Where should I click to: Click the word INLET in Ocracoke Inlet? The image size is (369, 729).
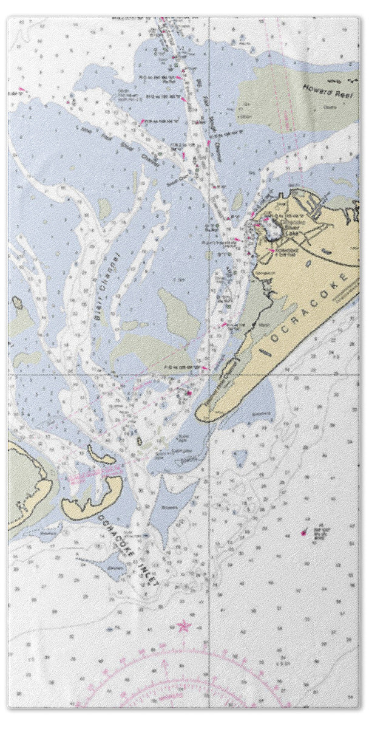(x=147, y=570)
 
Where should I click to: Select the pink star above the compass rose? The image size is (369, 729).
(x=183, y=625)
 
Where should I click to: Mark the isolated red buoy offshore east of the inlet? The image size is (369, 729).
(x=303, y=533)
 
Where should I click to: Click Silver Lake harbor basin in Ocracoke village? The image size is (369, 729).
(x=271, y=230)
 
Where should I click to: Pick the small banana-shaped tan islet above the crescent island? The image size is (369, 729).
(x=101, y=455)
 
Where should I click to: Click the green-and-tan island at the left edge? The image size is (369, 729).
(x=24, y=486)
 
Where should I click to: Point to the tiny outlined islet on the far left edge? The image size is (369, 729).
(x=17, y=302)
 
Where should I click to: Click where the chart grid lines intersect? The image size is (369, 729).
(x=209, y=374)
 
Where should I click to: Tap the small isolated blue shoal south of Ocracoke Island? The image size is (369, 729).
(x=242, y=456)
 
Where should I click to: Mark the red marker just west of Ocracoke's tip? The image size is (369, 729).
(x=189, y=393)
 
